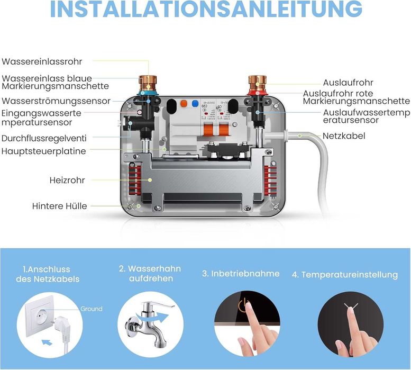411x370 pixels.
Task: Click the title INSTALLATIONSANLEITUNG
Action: tap(205, 11)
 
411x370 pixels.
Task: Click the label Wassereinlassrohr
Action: tap(42, 62)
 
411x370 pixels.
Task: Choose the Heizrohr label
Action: tap(67, 180)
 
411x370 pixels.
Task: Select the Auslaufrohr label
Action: tap(348, 83)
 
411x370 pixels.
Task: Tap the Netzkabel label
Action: tap(344, 136)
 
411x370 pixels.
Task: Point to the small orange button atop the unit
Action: tap(184, 104)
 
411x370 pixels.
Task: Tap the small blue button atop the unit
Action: tap(195, 104)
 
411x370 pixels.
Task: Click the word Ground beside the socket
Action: tap(91, 309)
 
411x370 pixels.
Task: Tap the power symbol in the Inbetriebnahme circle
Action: tap(243, 306)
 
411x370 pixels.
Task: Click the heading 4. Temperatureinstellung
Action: tap(344, 275)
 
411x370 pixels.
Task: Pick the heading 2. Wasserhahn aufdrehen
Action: tap(150, 273)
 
